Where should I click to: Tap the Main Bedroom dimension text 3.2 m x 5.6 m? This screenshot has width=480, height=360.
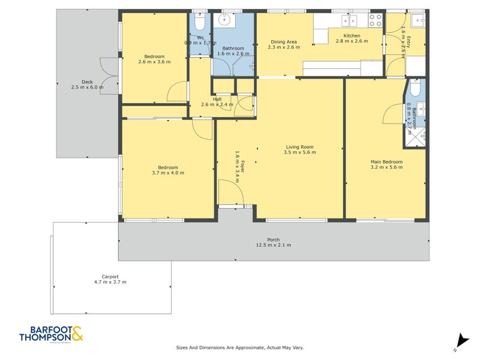(386, 167)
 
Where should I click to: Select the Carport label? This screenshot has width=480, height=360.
(110, 276)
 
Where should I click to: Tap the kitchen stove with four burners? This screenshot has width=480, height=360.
(375, 20)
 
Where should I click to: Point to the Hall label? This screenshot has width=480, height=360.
(216, 100)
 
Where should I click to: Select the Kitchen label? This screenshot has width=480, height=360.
(348, 36)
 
